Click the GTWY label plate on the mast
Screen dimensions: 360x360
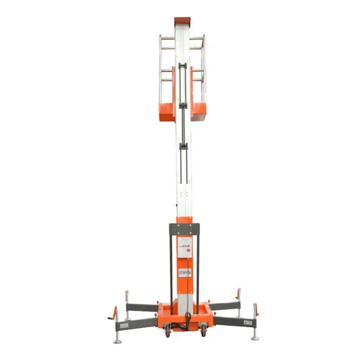click(184, 273)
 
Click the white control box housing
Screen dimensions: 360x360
click(184, 247)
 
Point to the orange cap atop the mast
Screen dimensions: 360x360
click(182, 21)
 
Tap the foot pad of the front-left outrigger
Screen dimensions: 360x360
click(117, 341)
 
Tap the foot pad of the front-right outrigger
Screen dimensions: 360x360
click(255, 337)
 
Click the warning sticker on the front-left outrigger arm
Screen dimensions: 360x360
click(124, 325)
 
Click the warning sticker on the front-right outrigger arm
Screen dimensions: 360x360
click(247, 322)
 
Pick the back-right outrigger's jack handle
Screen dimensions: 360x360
click(238, 294)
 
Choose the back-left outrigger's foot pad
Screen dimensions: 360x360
click(128, 319)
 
